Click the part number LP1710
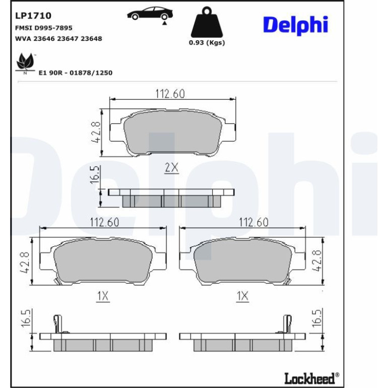33,16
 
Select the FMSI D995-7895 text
44,28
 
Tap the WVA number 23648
91,39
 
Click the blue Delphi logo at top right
295,25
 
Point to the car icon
150,14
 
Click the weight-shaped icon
207,22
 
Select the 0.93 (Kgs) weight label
207,42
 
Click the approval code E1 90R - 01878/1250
76,73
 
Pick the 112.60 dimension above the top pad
170,94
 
